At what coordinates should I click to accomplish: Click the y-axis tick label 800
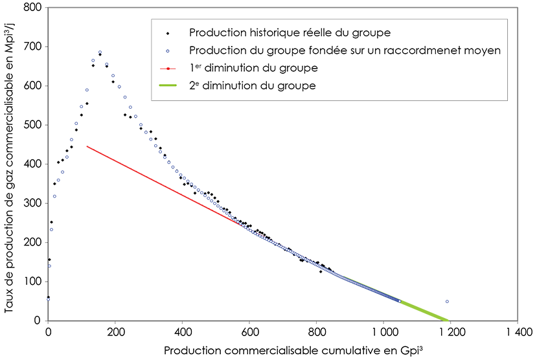[33, 8]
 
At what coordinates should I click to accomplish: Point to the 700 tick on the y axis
[33, 47]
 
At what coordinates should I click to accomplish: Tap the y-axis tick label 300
[33, 203]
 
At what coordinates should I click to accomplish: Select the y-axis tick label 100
[33, 282]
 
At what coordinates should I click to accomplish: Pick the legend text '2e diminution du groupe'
[252, 85]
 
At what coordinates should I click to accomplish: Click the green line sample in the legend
[168, 85]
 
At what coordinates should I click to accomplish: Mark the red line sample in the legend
[168, 68]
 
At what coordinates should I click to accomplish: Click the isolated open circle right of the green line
[447, 302]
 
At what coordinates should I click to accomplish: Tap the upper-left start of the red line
[87, 146]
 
